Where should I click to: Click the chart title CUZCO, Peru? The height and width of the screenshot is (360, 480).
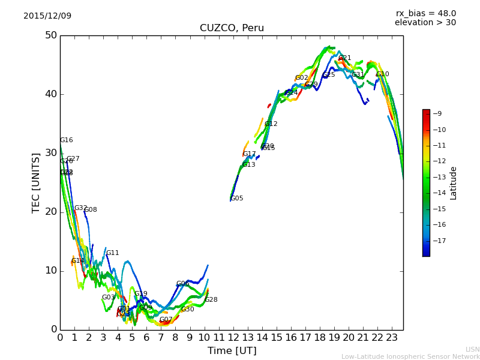pyautogui.click(x=232, y=28)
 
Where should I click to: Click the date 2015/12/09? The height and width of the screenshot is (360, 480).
pyautogui.click(x=47, y=16)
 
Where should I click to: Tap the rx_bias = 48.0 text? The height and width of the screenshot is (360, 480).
pyautogui.click(x=425, y=13)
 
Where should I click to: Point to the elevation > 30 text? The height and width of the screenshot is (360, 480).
pyautogui.click(x=425, y=23)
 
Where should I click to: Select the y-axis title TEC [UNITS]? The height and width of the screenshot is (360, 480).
pyautogui.click(x=36, y=182)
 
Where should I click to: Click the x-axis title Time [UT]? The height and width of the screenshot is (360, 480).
pyautogui.click(x=232, y=350)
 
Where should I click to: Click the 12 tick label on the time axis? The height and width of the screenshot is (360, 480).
pyautogui.click(x=233, y=338)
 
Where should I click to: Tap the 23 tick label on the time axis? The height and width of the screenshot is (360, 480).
pyautogui.click(x=392, y=338)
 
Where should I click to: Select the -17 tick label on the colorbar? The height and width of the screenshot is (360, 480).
pyautogui.click(x=438, y=241)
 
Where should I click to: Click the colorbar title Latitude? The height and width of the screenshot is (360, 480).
pyautogui.click(x=454, y=183)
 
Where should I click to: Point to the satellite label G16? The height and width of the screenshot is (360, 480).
pyautogui.click(x=66, y=140)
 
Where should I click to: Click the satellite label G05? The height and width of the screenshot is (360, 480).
pyautogui.click(x=237, y=199)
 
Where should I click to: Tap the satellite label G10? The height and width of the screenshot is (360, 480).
pyautogui.click(x=382, y=74)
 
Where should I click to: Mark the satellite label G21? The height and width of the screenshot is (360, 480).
pyautogui.click(x=345, y=58)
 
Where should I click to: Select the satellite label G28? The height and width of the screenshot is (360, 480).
pyautogui.click(x=211, y=300)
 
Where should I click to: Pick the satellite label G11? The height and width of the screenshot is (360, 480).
pyautogui.click(x=112, y=253)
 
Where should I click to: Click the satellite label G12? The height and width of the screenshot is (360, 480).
pyautogui.click(x=271, y=124)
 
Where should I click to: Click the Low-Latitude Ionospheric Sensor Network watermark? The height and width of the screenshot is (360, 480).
pyautogui.click(x=410, y=356)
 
